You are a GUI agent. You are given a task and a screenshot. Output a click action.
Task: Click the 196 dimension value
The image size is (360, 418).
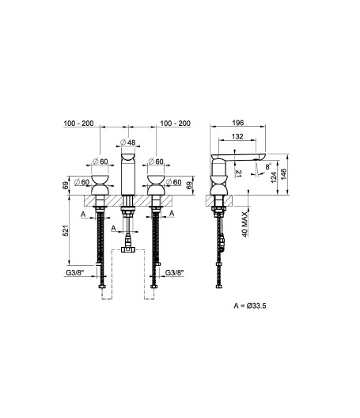(x=237, y=123)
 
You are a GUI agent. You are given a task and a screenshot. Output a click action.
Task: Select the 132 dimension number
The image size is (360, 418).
(x=237, y=136)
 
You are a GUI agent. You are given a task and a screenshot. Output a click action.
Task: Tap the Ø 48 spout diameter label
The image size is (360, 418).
(x=128, y=142)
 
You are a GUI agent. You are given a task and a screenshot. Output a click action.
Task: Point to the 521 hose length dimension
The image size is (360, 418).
(x=66, y=230)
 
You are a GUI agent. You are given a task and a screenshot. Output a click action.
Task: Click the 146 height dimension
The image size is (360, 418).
(x=284, y=174)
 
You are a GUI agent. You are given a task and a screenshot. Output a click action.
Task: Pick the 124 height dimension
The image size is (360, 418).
(x=274, y=177)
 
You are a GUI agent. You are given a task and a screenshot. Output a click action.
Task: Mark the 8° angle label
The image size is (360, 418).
(x=268, y=166)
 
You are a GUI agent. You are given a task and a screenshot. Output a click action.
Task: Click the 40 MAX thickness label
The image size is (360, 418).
(x=245, y=224)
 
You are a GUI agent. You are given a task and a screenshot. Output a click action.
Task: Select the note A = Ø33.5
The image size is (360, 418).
(x=250, y=306)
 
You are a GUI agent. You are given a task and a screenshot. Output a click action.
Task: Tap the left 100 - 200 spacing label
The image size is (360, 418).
(x=78, y=123)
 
